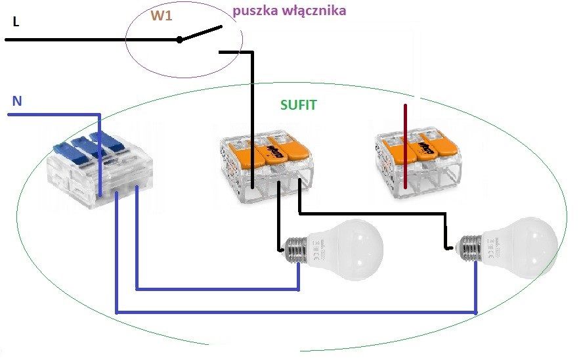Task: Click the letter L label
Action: (16, 22)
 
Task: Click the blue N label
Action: (17, 101)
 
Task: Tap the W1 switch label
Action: (162, 16)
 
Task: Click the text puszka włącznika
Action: (290, 11)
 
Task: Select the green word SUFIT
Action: (299, 105)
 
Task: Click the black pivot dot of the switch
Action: (180, 39)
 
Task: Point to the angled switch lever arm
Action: (201, 33)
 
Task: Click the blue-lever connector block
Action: (100, 169)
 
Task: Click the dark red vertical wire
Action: (405, 146)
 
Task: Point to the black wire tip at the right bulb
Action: (450, 247)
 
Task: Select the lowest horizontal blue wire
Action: (296, 312)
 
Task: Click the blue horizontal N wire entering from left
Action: (54, 114)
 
